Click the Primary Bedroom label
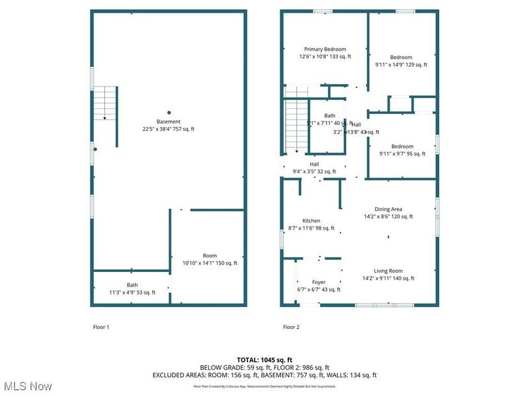point(325,49)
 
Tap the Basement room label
point(169,121)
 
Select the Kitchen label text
point(311,221)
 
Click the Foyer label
point(319,282)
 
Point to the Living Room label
point(388,271)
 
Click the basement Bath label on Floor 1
point(132,285)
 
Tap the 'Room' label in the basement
point(210,255)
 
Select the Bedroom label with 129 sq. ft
point(401,58)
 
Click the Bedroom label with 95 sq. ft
point(401,146)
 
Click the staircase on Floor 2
point(296,126)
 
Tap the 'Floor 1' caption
point(101,327)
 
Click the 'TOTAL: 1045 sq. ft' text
point(264,359)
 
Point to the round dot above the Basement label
point(169,112)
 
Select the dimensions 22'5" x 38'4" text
point(169,129)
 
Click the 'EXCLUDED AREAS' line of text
point(264,375)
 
